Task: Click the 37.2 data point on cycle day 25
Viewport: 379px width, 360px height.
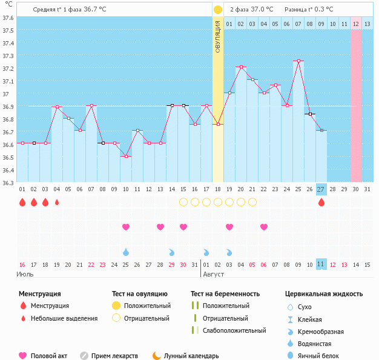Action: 298,61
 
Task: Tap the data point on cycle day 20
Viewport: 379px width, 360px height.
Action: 241,67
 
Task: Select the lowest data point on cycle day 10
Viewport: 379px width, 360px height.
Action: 126,156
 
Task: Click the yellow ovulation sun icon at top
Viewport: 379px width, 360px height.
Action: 218,10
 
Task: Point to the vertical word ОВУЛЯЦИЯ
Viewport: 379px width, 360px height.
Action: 217,37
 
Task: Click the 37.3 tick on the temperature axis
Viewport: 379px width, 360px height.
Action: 8,56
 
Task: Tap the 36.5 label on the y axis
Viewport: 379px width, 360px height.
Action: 8,157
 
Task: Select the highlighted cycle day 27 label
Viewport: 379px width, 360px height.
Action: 321,189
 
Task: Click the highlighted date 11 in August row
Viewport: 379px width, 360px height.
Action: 321,264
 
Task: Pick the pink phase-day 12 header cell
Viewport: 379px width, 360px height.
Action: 356,24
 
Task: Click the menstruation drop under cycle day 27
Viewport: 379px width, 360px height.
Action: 321,202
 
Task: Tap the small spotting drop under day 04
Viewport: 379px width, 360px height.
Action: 57,202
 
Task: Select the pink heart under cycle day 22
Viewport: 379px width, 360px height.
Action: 264,227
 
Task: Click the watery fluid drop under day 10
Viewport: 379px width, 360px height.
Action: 126,252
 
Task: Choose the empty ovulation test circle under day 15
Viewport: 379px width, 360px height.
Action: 183,202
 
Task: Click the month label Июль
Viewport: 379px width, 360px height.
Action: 25,275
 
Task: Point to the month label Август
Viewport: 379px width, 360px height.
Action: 214,275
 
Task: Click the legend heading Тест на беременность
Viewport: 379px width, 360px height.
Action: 225,294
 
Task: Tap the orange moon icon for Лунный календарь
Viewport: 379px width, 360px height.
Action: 157,356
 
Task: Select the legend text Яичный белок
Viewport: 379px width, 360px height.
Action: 318,356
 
